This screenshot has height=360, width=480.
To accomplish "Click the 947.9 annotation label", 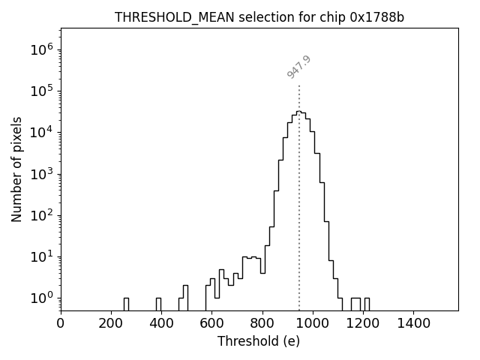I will click(x=298, y=67).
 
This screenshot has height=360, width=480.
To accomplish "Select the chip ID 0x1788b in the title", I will click(x=377, y=17).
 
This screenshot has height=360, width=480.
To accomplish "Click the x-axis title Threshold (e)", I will click(x=259, y=341).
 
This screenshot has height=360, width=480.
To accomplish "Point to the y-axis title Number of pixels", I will click(x=17, y=169).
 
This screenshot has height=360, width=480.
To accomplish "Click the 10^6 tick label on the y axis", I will click(x=41, y=49).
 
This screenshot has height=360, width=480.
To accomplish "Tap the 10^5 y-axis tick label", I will click(x=41, y=91).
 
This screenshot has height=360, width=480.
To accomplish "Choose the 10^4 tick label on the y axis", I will click(x=41, y=132).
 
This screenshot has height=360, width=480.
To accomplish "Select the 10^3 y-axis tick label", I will click(x=41, y=174).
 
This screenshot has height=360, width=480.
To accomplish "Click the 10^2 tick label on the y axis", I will click(x=41, y=215).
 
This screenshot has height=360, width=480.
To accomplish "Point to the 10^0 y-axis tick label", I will click(x=41, y=298).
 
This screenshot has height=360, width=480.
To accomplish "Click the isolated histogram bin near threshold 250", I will click(x=126, y=304).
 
